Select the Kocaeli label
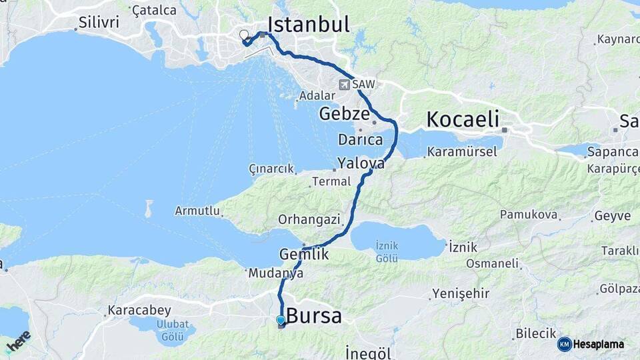click(462, 120)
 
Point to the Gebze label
click(343, 113)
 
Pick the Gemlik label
click(304, 254)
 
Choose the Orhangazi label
click(309, 219)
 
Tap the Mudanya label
click(275, 273)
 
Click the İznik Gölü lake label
click(387, 251)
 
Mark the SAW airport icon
click(344, 85)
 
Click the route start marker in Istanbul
click(244, 35)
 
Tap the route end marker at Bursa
click(281, 321)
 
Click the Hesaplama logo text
click(598, 344)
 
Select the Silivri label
click(98, 22)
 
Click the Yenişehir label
click(461, 293)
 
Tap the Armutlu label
click(197, 211)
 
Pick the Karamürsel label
click(463, 152)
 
